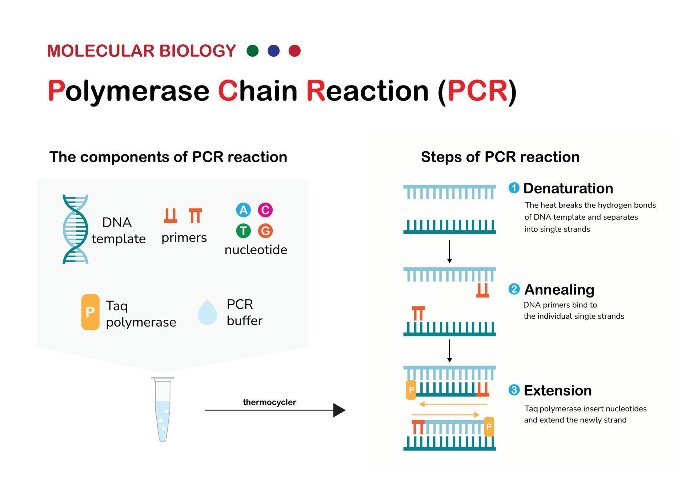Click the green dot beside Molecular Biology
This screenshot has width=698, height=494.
(252, 51)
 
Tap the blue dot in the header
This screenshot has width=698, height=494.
(273, 51)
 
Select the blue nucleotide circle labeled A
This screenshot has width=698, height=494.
(243, 210)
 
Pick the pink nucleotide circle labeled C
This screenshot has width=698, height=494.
(265, 210)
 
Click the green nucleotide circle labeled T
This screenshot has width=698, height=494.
(243, 231)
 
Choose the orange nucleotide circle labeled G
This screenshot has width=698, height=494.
(265, 231)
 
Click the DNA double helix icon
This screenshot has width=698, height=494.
(75, 229)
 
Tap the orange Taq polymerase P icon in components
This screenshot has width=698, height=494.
(90, 312)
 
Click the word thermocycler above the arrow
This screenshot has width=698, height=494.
(269, 402)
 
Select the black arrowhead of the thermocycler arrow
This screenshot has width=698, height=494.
(338, 410)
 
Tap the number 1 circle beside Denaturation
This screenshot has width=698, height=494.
(514, 188)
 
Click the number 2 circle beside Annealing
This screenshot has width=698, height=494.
(514, 289)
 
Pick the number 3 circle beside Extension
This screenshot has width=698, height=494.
(514, 390)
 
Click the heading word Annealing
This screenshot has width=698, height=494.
(559, 290)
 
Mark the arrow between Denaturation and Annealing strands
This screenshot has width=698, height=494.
(449, 251)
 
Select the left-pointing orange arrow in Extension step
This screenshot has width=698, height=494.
(453, 404)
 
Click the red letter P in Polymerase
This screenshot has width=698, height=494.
(56, 91)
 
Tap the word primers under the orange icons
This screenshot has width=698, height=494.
(184, 238)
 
